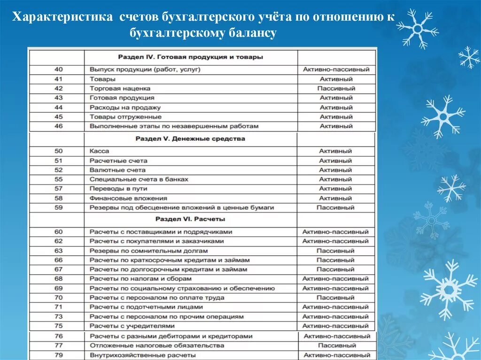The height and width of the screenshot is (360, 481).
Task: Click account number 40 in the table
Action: [x=58, y=69]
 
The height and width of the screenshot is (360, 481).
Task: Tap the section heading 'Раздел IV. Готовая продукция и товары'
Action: [x=190, y=57]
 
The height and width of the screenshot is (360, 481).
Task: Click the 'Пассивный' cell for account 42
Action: [x=336, y=88]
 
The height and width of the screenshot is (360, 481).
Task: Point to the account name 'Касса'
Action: [x=99, y=151]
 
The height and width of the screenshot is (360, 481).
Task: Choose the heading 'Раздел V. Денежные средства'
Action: [x=190, y=139]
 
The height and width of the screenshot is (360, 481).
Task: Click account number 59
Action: [x=58, y=207]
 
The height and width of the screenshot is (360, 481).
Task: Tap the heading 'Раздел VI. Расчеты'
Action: [x=190, y=219]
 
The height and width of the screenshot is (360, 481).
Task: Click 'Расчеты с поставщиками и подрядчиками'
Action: [x=161, y=232]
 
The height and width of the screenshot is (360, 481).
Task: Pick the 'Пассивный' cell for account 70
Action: [x=335, y=298]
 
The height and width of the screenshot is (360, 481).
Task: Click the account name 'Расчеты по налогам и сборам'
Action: [x=140, y=279]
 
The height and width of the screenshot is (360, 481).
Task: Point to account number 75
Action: [x=58, y=326]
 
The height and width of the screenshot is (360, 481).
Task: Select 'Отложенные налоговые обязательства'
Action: [x=150, y=345]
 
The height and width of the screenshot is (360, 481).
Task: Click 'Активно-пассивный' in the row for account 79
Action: [x=337, y=355]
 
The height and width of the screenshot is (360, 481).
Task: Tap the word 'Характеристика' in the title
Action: [x=62, y=18]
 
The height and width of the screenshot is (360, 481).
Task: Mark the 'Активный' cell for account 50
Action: [x=335, y=151]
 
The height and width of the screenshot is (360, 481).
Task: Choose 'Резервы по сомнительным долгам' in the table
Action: [x=139, y=251]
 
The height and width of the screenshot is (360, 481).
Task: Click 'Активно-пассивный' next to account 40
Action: [x=336, y=69]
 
